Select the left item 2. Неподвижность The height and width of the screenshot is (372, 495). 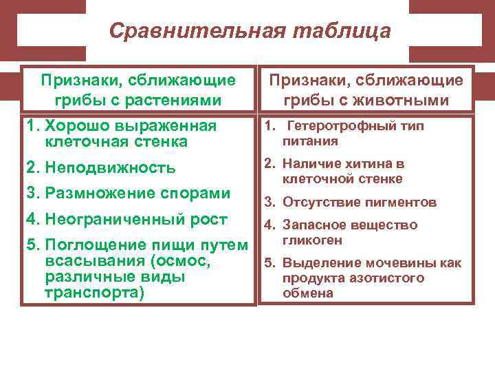pos(100,167)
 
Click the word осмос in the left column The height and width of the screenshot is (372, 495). pos(185,262)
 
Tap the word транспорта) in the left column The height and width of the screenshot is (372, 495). pos(94,292)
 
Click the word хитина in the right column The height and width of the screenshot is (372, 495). pos(366,165)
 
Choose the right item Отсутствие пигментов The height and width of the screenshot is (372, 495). pos(360,203)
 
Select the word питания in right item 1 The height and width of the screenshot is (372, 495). pos(310,141)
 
